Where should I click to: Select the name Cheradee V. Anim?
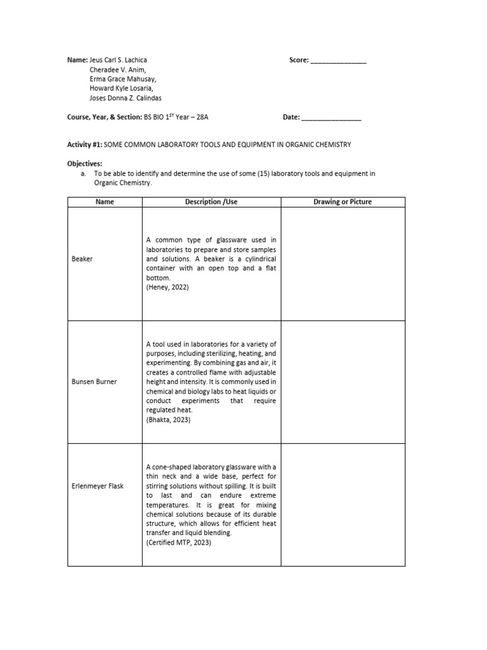tap(118, 70)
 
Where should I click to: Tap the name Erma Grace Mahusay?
tap(122, 79)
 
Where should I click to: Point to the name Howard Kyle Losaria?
tap(123, 89)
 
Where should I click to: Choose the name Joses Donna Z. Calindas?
tap(126, 98)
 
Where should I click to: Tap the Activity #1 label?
tap(85, 145)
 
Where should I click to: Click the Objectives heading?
tap(85, 164)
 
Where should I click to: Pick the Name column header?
tap(105, 202)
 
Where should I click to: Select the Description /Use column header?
tap(211, 202)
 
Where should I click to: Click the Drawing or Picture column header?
tap(342, 202)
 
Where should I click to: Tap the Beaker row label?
tap(82, 259)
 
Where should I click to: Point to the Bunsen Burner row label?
tap(95, 381)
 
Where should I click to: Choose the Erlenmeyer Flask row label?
tap(98, 486)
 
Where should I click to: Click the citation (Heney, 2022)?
tap(167, 287)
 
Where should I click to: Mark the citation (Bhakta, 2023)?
tap(169, 420)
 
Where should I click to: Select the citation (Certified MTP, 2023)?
tap(178, 543)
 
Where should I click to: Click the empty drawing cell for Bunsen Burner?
tap(342, 381)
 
